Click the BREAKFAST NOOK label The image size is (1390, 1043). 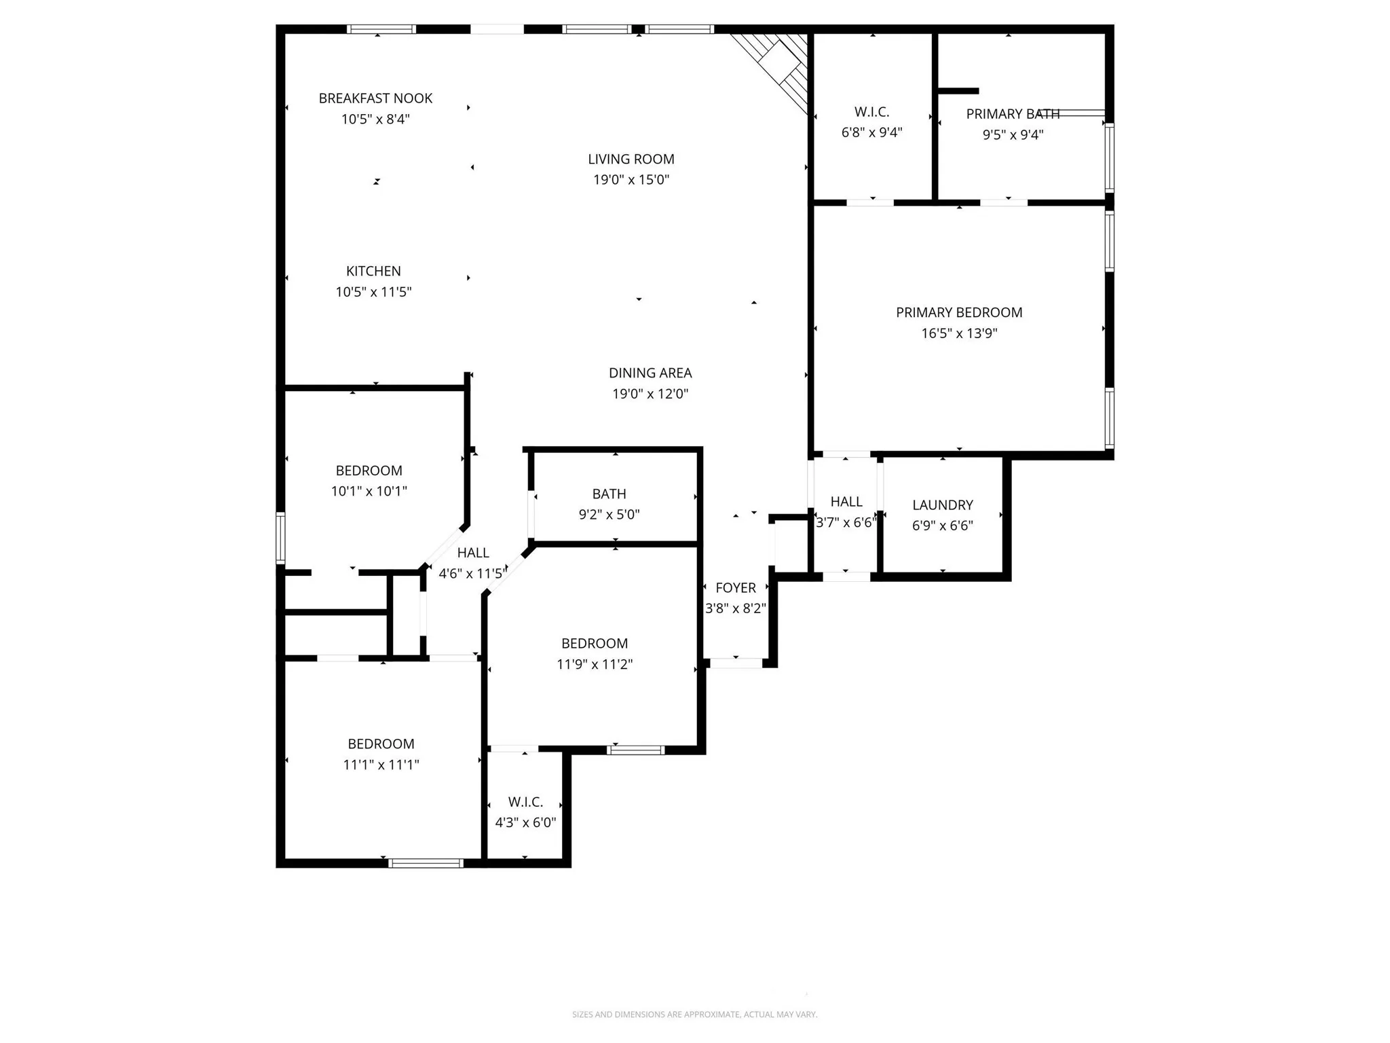(375, 98)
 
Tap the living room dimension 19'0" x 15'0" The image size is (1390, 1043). (631, 180)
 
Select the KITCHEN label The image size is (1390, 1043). (373, 271)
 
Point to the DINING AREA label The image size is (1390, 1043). (650, 373)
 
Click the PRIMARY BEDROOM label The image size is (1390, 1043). (958, 312)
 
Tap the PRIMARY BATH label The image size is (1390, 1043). (1012, 114)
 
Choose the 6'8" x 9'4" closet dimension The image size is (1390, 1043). (871, 132)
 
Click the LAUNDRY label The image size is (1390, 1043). (942, 505)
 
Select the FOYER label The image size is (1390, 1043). (735, 587)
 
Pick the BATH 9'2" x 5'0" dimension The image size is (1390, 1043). (609, 515)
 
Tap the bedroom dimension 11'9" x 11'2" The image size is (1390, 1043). (595, 664)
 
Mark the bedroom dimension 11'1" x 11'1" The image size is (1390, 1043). (381, 765)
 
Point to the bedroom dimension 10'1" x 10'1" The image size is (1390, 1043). (369, 491)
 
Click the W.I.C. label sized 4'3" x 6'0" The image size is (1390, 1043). (525, 802)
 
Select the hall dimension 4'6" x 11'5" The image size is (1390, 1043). (472, 574)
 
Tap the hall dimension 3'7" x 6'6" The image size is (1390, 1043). (846, 523)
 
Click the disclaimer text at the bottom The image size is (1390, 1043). (694, 1014)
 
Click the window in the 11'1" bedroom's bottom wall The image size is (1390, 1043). (426, 863)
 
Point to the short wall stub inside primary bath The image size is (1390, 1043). (958, 91)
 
